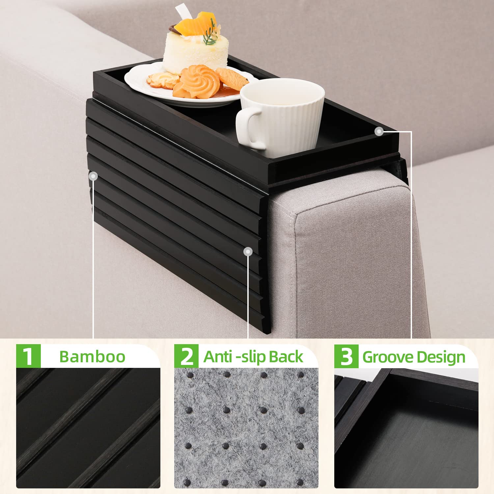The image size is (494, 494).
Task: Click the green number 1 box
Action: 28,356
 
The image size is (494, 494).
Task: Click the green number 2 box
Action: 186,356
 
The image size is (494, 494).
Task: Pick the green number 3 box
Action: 346,356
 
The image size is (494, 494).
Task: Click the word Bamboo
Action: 92,357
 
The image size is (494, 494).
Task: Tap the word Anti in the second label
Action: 218,357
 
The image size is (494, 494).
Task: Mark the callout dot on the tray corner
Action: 379,132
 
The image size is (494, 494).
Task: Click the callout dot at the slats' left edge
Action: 94,176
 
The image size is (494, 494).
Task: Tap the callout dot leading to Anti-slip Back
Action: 248,252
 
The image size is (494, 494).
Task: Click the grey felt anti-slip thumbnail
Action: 246,428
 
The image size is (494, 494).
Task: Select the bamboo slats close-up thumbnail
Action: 88,428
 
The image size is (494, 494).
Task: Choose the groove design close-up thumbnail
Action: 406,428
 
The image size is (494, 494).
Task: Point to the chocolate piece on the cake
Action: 174,30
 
